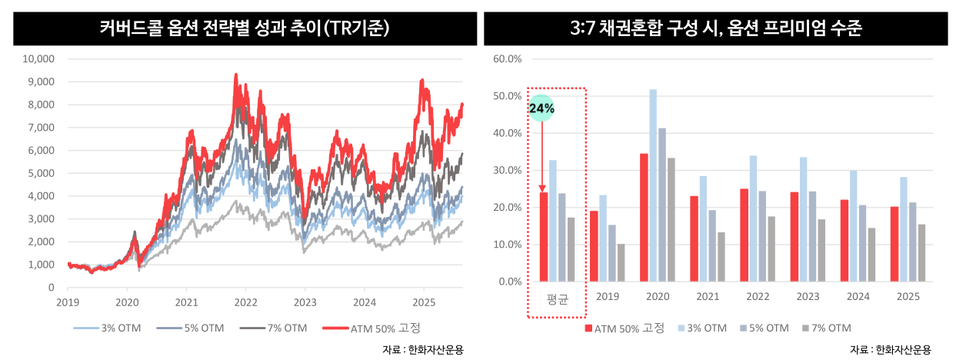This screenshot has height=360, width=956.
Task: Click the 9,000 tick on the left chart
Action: pyautogui.click(x=39, y=82)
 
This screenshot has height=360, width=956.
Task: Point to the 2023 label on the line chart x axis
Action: pyautogui.click(x=305, y=302)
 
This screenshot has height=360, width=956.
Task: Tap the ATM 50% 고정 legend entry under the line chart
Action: pyautogui.click(x=377, y=328)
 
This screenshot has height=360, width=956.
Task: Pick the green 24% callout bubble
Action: pyautogui.click(x=541, y=109)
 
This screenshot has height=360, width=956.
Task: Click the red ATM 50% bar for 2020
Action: pyautogui.click(x=644, y=218)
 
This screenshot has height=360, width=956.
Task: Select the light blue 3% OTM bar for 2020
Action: pyautogui.click(x=653, y=185)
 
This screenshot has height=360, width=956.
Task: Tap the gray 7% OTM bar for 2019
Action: pyautogui.click(x=621, y=263)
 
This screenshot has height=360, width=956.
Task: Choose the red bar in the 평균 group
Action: pyautogui.click(x=544, y=237)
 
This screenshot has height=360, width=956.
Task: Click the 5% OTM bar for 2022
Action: pyautogui.click(x=762, y=236)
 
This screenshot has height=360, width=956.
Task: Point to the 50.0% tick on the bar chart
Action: pyautogui.click(x=507, y=96)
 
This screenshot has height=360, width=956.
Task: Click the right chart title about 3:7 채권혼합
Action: pyautogui.click(x=715, y=29)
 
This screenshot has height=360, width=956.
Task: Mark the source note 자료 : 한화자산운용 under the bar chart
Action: pyautogui.click(x=894, y=349)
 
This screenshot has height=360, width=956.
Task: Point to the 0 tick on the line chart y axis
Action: pyautogui.click(x=51, y=288)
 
